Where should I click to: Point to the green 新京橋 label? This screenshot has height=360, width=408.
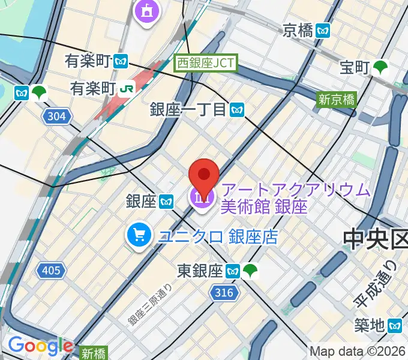click(337, 100)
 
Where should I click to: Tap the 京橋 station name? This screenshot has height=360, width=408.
click(298, 29)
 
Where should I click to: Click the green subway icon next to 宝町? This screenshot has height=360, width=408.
click(380, 68)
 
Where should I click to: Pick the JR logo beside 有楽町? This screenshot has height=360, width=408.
click(126, 88)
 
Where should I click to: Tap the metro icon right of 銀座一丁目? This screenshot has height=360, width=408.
click(239, 109)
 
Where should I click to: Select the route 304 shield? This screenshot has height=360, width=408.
click(55, 115)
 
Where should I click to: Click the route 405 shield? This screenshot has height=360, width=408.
click(51, 271)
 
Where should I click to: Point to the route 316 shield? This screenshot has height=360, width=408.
click(221, 292)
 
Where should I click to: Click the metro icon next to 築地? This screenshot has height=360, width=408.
click(395, 326)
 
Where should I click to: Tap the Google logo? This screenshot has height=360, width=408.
click(40, 346)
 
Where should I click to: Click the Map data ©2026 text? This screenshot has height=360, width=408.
click(358, 351)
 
